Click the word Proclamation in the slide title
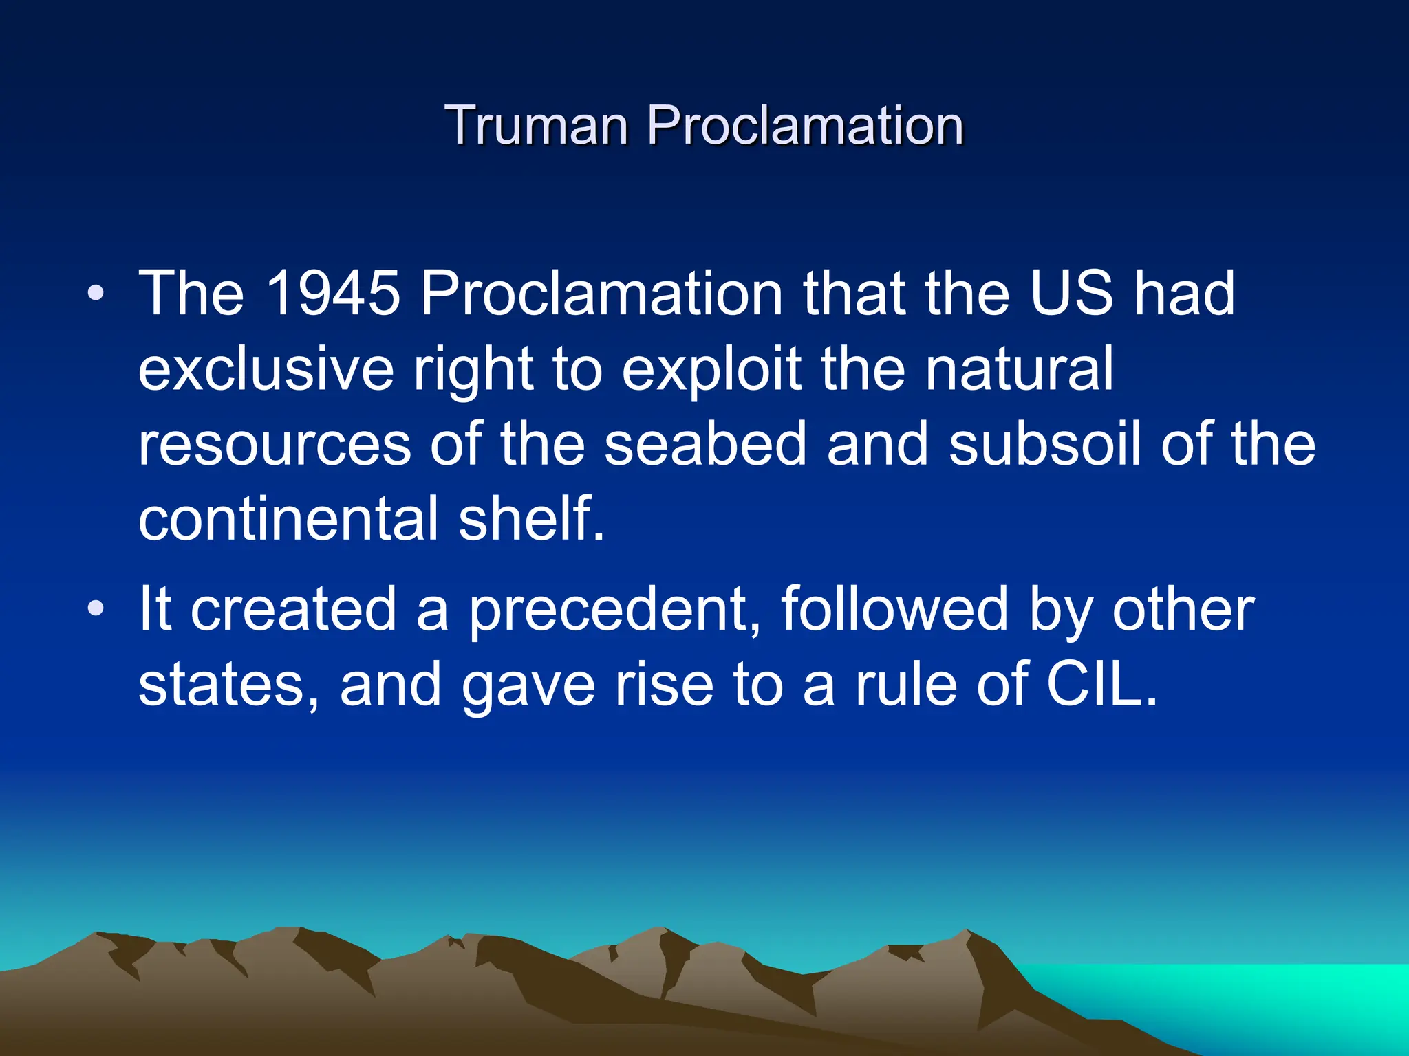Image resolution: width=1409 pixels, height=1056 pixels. [x=804, y=126]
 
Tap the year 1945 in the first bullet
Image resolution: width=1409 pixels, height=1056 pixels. [x=332, y=294]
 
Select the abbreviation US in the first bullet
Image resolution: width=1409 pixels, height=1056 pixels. [x=1071, y=294]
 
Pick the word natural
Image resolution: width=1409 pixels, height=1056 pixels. [x=1018, y=369]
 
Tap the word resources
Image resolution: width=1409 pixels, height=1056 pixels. [x=275, y=445]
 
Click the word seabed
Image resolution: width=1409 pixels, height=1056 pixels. [x=704, y=445]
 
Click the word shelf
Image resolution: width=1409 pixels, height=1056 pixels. [x=530, y=520]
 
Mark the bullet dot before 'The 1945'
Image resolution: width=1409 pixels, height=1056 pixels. [x=96, y=294]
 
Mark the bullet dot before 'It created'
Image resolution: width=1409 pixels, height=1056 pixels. [x=96, y=609]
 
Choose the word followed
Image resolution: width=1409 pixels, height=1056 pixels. [x=894, y=609]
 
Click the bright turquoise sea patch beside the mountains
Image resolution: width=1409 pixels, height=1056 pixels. [x=1238, y=997]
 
